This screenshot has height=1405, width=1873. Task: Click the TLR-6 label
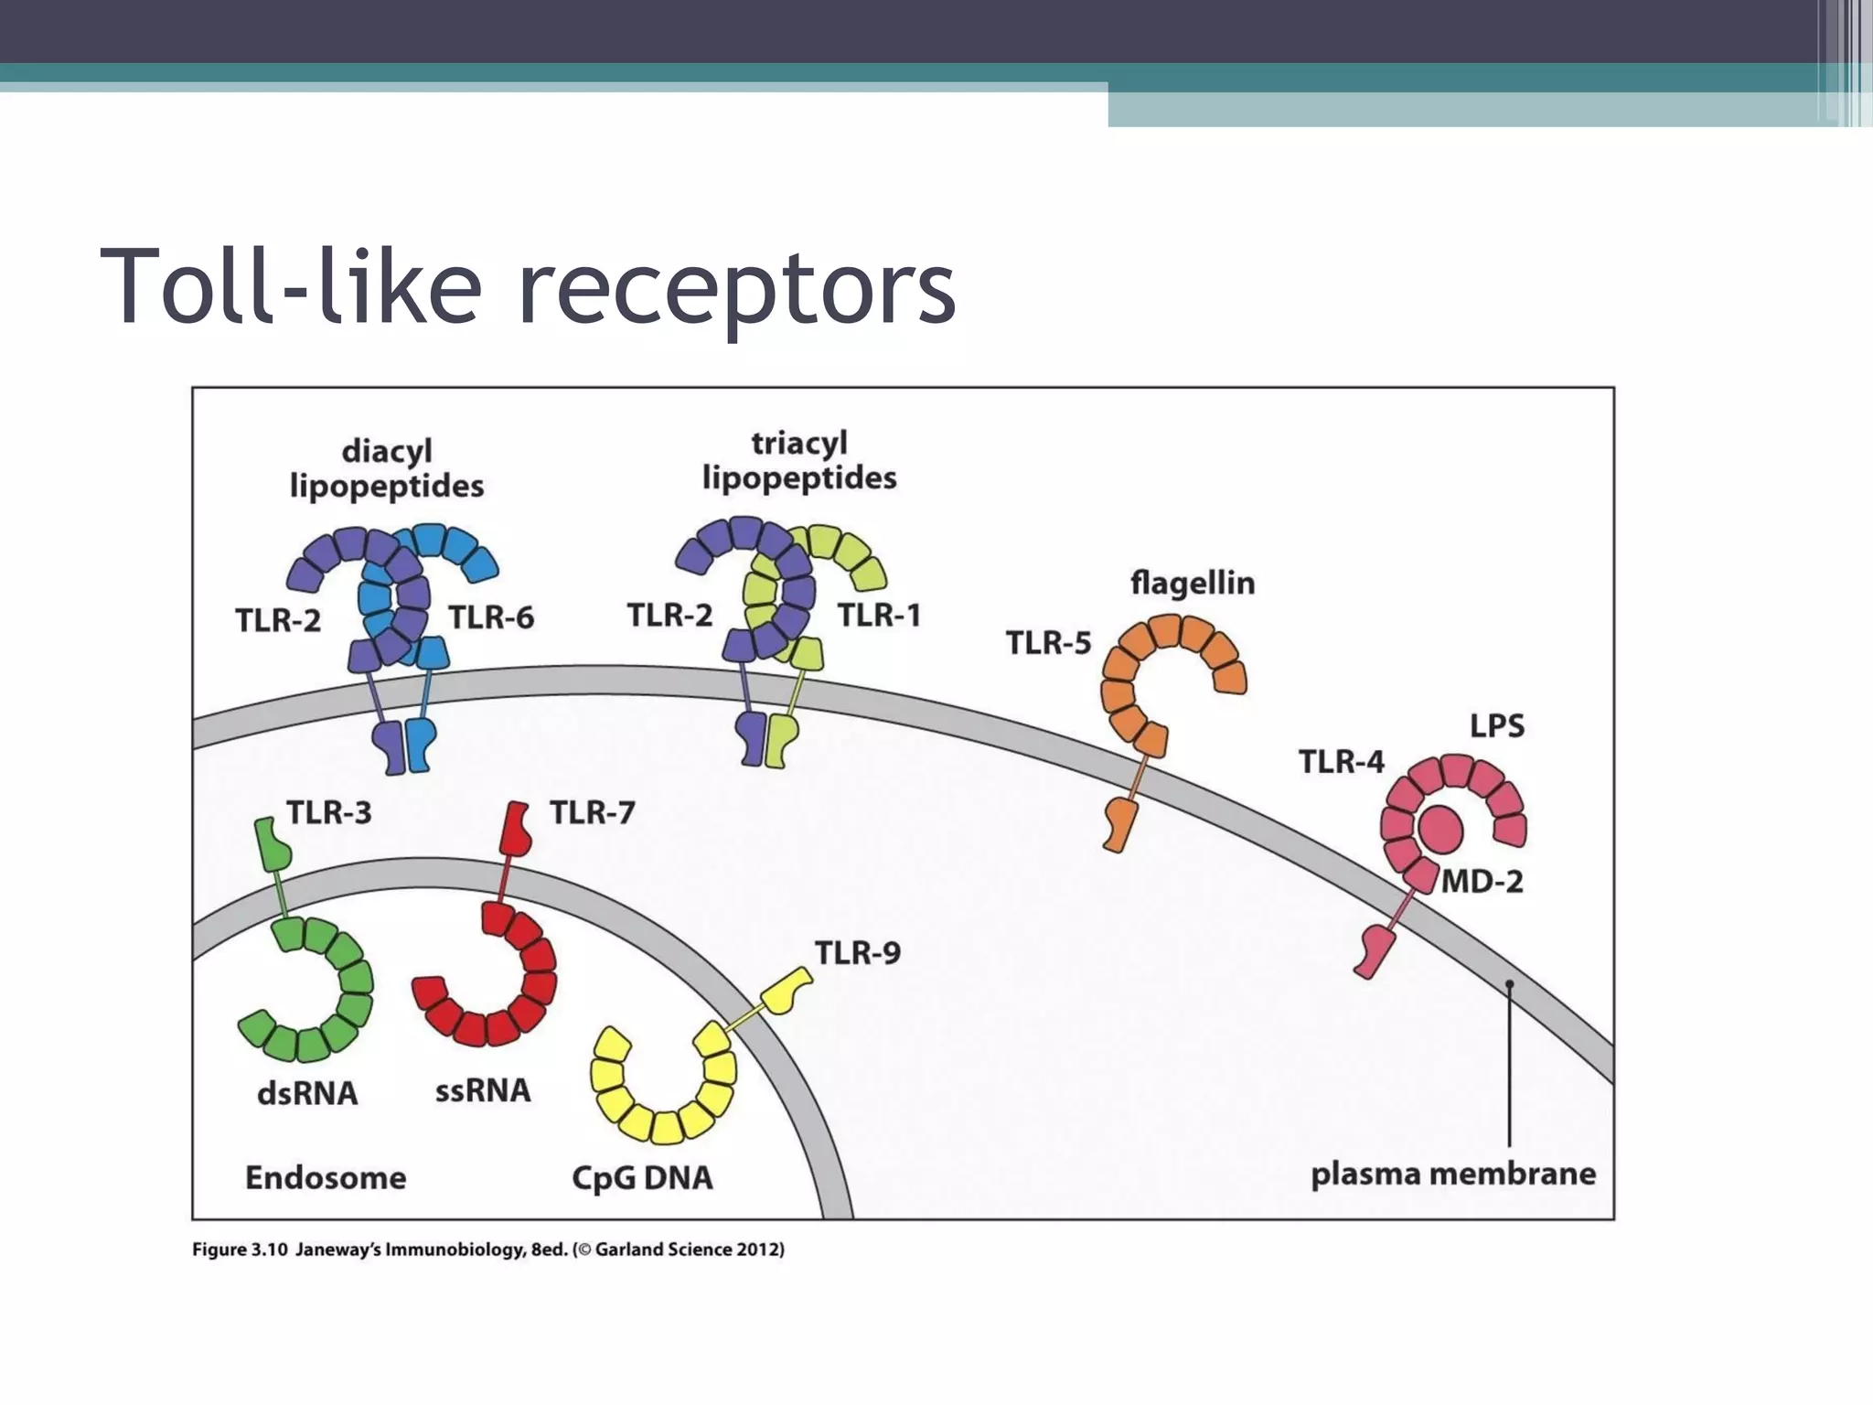491,618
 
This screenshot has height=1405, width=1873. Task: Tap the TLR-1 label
879,616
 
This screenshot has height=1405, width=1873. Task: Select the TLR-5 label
1048,643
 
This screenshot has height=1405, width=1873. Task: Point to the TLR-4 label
1342,761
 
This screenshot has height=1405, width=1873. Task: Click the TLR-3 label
329,812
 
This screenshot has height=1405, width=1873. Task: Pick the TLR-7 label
592,812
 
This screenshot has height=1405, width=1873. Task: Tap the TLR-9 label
857,953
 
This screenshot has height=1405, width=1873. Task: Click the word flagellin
1193,583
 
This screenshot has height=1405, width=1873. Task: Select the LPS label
1497,726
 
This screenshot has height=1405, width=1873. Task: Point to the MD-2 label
1482,882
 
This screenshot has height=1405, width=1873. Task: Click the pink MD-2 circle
1440,830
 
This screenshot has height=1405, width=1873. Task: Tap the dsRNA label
307,1093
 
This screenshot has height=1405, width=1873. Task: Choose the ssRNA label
483,1090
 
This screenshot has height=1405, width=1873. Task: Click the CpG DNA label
642,1177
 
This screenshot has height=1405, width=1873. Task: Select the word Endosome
326,1177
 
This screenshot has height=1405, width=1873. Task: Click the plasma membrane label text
1453,1174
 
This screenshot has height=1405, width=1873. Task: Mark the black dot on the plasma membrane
1510,984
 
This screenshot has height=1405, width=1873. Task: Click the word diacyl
387,452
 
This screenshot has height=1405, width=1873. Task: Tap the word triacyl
799,444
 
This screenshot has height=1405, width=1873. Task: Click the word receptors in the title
736,285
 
